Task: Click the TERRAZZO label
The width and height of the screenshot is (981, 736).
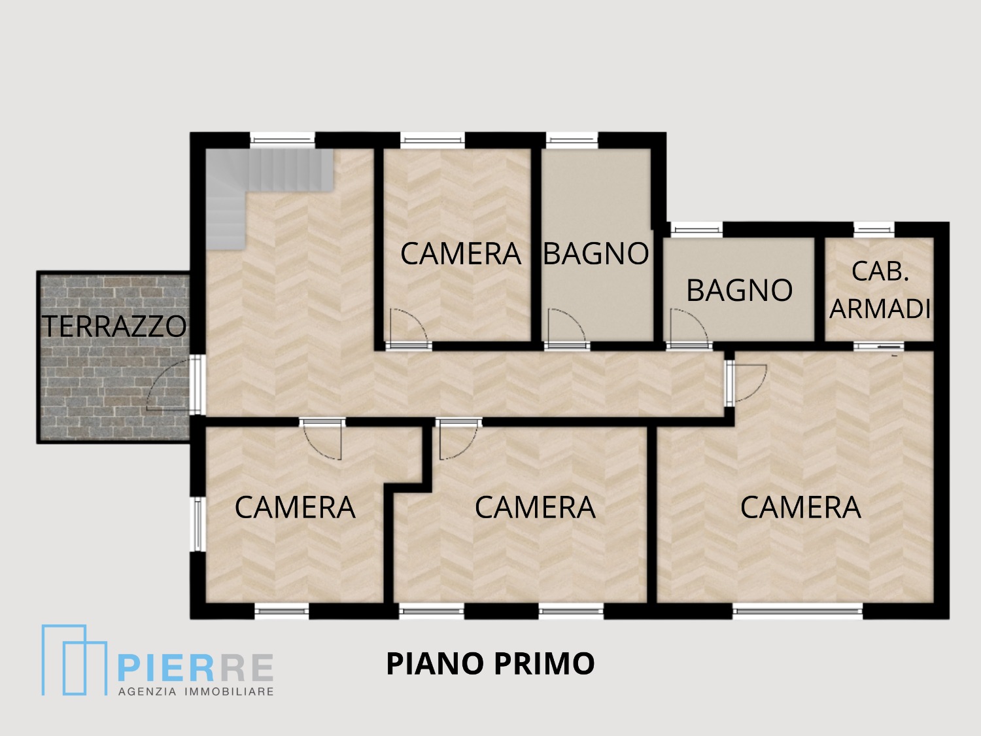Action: point(114,326)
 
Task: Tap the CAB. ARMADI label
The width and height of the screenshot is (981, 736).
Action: point(880,290)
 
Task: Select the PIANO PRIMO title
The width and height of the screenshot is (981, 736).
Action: point(490,663)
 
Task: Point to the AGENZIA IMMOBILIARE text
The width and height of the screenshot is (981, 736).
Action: point(196,692)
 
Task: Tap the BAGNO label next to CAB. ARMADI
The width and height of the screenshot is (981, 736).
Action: point(739,290)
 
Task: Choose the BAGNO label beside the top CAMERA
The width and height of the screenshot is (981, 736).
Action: point(596,253)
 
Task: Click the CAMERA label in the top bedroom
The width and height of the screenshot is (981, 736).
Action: point(461,254)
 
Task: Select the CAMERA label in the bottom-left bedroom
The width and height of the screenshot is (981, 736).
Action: point(295,507)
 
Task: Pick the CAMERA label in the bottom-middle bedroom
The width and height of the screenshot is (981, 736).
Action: point(535,507)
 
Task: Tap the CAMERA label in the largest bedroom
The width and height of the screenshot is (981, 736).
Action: point(800,507)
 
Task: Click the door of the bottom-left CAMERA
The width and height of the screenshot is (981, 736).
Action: point(322,440)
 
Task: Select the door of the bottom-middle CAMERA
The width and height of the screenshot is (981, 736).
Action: point(458,440)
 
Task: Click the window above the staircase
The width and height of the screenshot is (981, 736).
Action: point(283,140)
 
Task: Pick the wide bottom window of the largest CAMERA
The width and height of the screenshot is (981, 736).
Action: point(798,610)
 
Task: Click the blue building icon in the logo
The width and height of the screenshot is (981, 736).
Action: point(74,660)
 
